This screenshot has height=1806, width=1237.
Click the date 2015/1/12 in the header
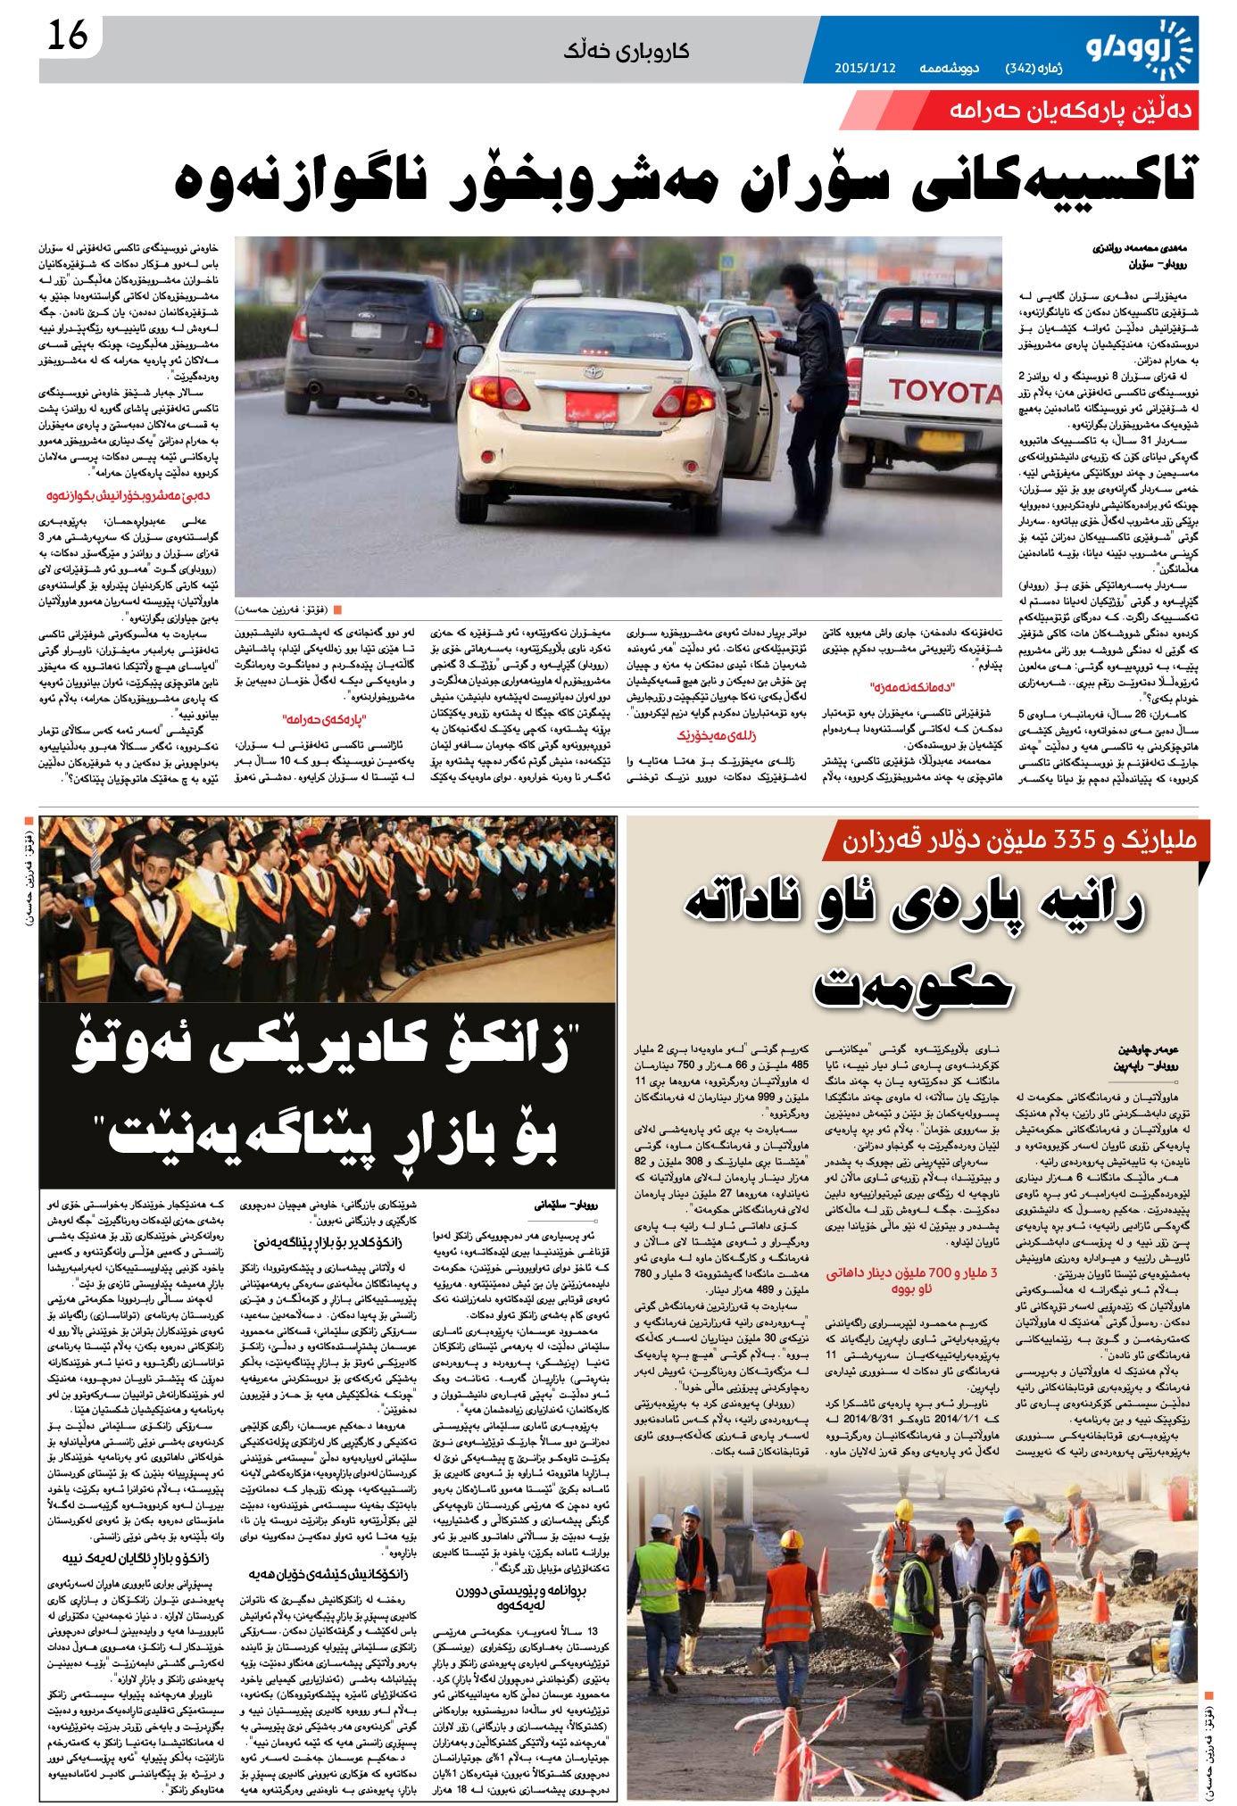(x=864, y=68)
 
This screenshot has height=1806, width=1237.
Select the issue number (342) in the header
(x=1025, y=68)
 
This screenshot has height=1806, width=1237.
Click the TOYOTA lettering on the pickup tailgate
(x=944, y=390)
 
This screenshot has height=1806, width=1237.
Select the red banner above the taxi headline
(x=1070, y=112)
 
